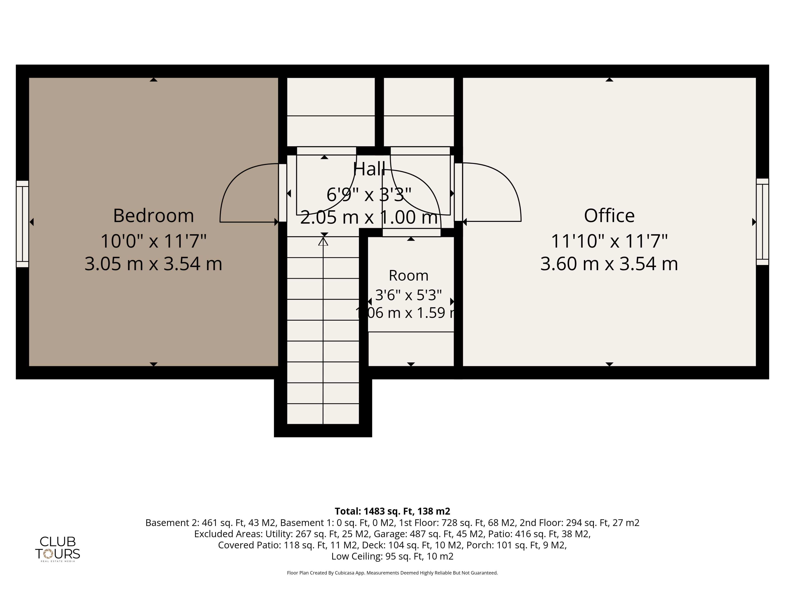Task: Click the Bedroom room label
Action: pyautogui.click(x=153, y=216)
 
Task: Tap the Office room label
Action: pyautogui.click(x=609, y=216)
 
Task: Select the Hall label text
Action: pyautogui.click(x=369, y=169)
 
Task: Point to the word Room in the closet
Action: pyautogui.click(x=408, y=275)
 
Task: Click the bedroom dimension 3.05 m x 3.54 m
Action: pyautogui.click(x=153, y=264)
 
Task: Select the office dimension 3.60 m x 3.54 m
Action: pyautogui.click(x=609, y=264)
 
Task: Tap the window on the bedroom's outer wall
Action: pyautogui.click(x=22, y=224)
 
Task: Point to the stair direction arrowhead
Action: pyautogui.click(x=323, y=242)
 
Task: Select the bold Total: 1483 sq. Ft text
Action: pyautogui.click(x=374, y=511)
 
